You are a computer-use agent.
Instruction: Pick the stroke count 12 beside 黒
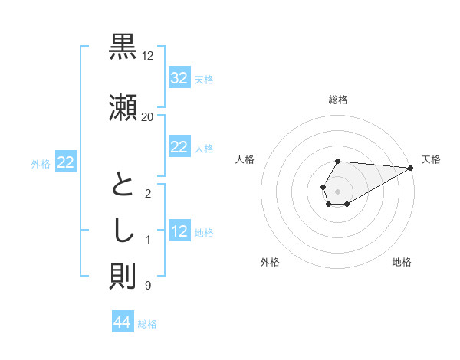tap(147, 56)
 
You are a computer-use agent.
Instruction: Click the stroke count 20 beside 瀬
tap(147, 116)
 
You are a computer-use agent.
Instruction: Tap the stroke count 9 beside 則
tap(147, 286)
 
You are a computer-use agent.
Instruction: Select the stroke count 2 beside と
tap(147, 194)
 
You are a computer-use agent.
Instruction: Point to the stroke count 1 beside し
tap(147, 241)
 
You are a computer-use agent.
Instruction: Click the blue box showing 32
tap(179, 78)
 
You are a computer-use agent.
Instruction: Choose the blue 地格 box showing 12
tap(179, 231)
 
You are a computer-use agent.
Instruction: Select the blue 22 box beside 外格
tap(66, 162)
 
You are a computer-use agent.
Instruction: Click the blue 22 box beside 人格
tap(179, 147)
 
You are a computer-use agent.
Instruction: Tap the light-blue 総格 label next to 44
tap(147, 324)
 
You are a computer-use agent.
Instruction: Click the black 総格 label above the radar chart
tap(338, 100)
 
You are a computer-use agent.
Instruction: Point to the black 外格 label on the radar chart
tap(270, 262)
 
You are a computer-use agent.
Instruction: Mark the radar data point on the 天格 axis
tap(411, 168)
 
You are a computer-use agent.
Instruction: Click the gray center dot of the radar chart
tap(338, 191)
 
